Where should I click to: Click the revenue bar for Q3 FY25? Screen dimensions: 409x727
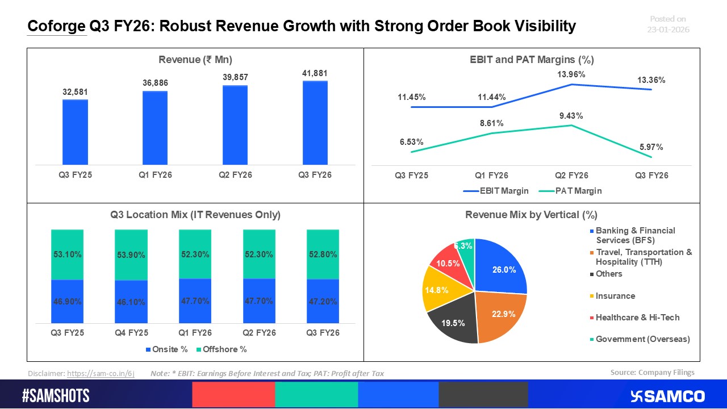[x=75, y=132]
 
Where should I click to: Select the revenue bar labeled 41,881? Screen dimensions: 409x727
[x=315, y=123]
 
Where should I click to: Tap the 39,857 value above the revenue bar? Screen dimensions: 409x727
[x=235, y=77]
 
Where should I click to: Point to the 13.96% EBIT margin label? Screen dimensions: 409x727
[x=571, y=74]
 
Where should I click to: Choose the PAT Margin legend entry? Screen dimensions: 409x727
[x=573, y=191]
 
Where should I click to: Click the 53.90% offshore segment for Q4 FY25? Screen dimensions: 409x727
[x=131, y=254]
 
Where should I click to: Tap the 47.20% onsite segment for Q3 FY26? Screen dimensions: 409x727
[x=323, y=302]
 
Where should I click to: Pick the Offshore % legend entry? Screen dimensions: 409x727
[x=222, y=349]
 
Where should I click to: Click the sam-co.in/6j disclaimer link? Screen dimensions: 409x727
[x=101, y=374]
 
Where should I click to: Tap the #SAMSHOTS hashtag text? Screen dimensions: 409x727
[x=56, y=396]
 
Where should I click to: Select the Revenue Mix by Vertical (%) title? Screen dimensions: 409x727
[x=531, y=215]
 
